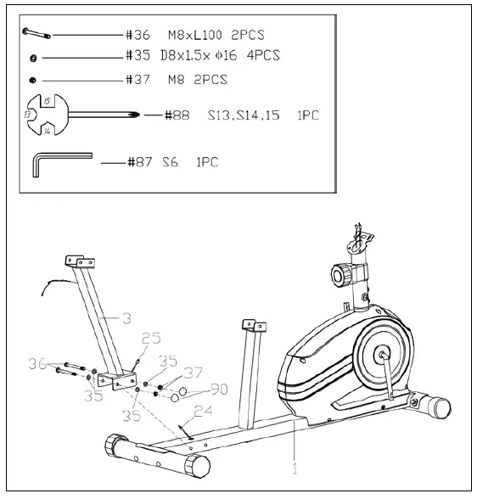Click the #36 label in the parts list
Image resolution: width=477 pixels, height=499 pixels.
click(x=137, y=35)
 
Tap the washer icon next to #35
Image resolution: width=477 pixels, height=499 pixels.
click(x=32, y=57)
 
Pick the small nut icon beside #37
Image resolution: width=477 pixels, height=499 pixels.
click(x=31, y=80)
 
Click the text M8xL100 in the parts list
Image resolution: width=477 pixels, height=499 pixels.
click(x=194, y=35)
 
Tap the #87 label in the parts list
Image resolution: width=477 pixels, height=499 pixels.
click(x=138, y=161)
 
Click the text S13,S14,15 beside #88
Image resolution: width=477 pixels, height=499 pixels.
click(x=242, y=115)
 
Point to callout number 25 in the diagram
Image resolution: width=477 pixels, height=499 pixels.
click(x=149, y=339)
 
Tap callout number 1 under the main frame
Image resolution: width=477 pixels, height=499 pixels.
click(x=294, y=466)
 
